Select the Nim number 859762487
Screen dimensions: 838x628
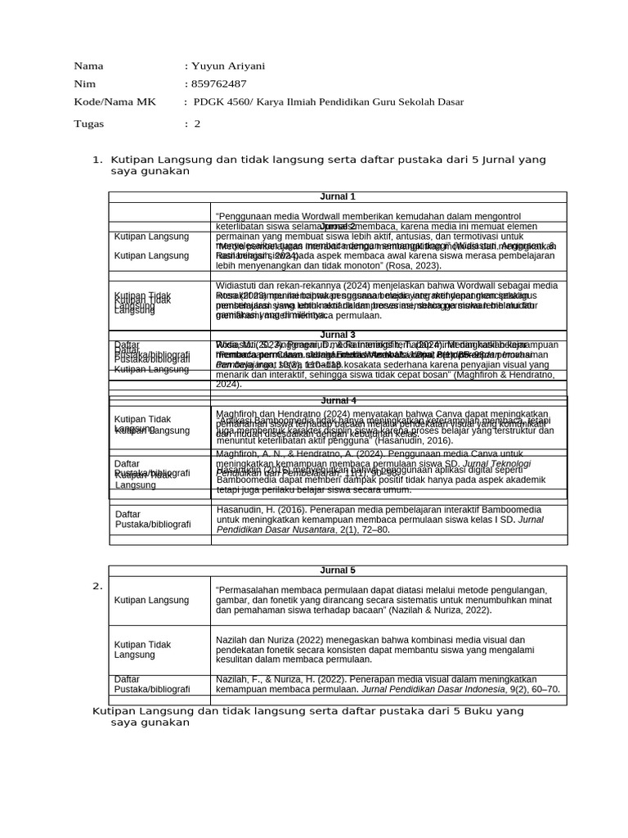[x=218, y=84]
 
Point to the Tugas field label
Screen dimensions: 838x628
[x=89, y=124]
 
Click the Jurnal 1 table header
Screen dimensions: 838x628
[x=338, y=196]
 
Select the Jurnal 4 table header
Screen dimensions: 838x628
[x=338, y=400]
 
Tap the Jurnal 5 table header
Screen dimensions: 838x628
[x=338, y=570]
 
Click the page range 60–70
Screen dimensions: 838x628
[x=543, y=689]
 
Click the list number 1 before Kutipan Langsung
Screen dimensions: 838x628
[x=96, y=160]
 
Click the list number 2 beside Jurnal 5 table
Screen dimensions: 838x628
[x=96, y=586]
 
